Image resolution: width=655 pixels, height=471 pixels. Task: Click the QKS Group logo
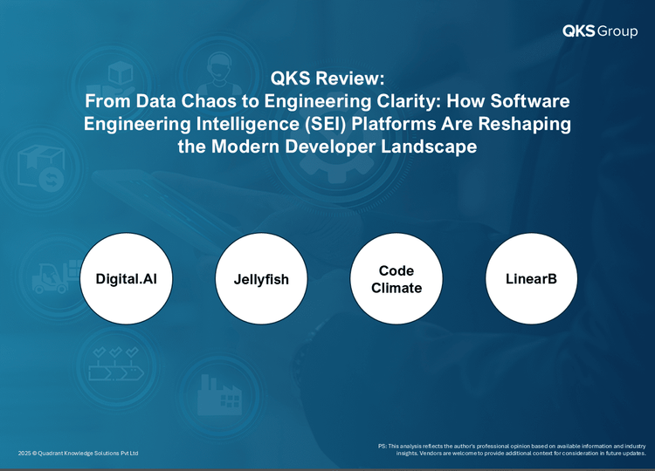coord(600,31)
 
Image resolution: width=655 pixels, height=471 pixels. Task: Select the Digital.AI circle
coord(126,279)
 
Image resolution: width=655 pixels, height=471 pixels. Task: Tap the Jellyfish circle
coord(261,279)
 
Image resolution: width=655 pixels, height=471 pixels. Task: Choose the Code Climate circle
coord(396,279)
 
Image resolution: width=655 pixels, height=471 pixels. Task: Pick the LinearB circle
coord(531,279)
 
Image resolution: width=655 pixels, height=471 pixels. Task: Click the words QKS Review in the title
coord(327,78)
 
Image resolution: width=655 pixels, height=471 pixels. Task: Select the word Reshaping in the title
coord(525,125)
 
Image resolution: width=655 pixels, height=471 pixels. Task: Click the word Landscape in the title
coord(429,147)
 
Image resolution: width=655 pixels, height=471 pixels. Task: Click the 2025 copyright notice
coord(78,453)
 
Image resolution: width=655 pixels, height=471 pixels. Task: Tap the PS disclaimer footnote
coord(512,449)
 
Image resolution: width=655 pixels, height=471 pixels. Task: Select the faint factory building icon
coord(220,394)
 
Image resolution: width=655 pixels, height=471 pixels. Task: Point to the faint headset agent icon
coord(219,75)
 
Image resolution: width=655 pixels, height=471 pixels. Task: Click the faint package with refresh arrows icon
coord(41,168)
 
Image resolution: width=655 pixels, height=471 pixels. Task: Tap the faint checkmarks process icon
coord(116,364)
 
